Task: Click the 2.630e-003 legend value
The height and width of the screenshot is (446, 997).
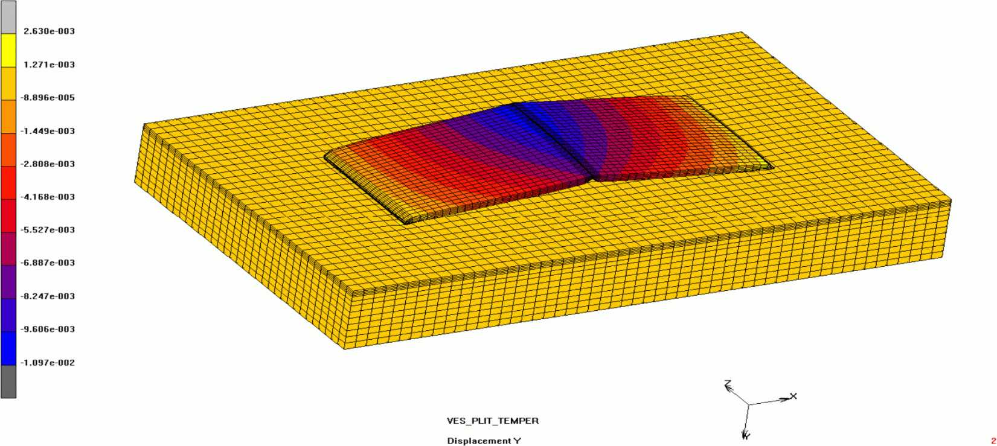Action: pos(49,31)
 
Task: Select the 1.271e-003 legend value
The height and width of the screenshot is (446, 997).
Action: pos(49,65)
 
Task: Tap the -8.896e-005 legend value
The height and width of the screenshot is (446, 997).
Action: pos(48,97)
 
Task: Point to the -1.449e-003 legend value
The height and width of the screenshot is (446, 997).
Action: pos(48,131)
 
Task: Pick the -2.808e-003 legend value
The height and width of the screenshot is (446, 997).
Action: pos(48,164)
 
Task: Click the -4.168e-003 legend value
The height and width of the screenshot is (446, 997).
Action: pos(48,197)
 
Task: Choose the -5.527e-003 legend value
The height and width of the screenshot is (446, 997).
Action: pos(48,229)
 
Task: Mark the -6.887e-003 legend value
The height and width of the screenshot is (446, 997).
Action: pos(48,263)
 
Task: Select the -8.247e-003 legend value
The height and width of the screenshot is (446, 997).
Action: pos(48,296)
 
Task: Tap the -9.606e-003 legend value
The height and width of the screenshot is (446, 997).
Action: pos(48,329)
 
